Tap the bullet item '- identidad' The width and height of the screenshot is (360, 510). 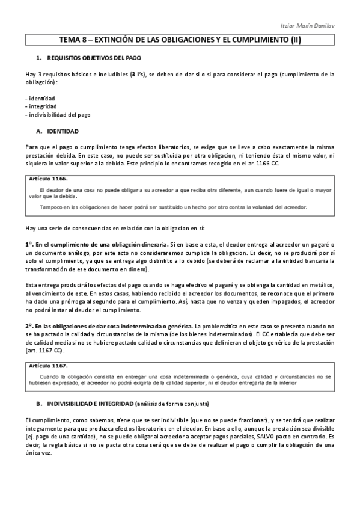pyautogui.click(x=40, y=98)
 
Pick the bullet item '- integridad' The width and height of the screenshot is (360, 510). pyautogui.click(x=41, y=106)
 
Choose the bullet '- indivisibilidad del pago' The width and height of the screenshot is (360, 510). pyautogui.click(x=58, y=114)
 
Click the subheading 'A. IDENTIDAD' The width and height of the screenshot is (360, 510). pyautogui.click(x=61, y=131)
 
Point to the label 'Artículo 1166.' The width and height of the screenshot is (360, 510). pyautogui.click(x=48, y=179)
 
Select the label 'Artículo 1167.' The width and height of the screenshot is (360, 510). pyautogui.click(x=48, y=365)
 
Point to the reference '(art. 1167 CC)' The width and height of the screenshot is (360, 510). pyautogui.click(x=45, y=349)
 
